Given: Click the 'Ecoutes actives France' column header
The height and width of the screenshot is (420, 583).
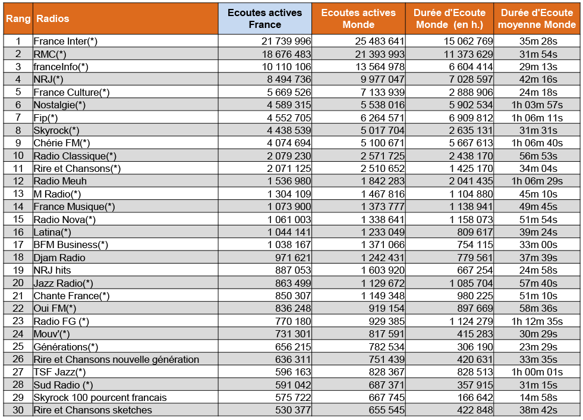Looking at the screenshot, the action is [x=264, y=18].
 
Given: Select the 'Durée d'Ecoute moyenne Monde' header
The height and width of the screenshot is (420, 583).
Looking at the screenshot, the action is [x=537, y=18].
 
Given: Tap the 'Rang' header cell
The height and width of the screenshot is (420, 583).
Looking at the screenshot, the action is [x=18, y=18].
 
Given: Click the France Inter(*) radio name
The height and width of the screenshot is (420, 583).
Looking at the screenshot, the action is [x=65, y=41].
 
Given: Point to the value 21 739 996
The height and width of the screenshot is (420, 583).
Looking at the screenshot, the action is [x=286, y=41].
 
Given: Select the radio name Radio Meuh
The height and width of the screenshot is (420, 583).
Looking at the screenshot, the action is [x=60, y=181].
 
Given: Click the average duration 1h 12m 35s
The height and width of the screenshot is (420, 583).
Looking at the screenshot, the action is [x=537, y=321].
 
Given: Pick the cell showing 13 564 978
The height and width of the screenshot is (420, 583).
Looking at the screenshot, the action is [x=380, y=67].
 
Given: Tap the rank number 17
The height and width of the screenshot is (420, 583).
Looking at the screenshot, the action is [x=18, y=245].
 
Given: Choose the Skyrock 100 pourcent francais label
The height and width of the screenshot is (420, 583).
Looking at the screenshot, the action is [x=100, y=397].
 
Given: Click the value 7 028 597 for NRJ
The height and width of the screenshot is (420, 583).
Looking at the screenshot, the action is [x=471, y=79].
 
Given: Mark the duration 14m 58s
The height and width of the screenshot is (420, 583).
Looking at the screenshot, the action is [x=538, y=397].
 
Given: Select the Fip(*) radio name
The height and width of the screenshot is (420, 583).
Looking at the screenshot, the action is [x=46, y=118].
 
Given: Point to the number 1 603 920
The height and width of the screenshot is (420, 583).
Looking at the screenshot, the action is [x=383, y=270].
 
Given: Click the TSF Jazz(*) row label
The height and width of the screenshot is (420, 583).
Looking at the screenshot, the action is [x=59, y=372].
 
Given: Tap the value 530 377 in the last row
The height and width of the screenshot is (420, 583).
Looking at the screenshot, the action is [x=293, y=410].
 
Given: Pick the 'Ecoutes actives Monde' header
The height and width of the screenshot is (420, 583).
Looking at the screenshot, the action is [x=358, y=18].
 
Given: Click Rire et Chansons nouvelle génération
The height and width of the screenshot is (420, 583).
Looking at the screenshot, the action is [x=116, y=359].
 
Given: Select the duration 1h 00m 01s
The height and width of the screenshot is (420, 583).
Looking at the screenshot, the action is [x=537, y=372].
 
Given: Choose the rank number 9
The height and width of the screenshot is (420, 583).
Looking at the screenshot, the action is [x=18, y=143].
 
